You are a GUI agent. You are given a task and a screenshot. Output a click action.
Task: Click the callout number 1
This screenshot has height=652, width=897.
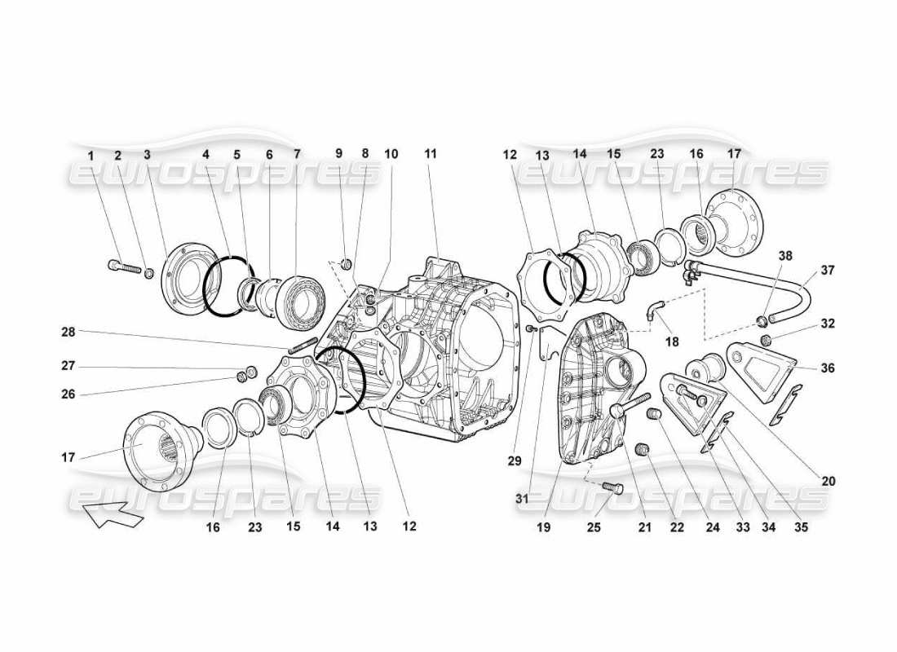[91, 154]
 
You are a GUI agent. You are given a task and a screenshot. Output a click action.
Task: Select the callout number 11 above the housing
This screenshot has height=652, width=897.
[431, 154]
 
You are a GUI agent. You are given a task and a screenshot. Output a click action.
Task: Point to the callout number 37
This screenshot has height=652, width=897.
[829, 270]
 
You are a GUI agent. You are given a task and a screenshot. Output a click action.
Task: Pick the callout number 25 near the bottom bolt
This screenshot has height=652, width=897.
[594, 527]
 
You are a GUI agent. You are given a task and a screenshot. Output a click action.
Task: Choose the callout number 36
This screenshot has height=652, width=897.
[829, 368]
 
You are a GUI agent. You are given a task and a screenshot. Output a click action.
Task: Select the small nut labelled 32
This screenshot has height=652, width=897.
[767, 339]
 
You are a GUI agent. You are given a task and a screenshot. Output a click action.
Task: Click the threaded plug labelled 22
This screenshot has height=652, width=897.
[643, 448]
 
